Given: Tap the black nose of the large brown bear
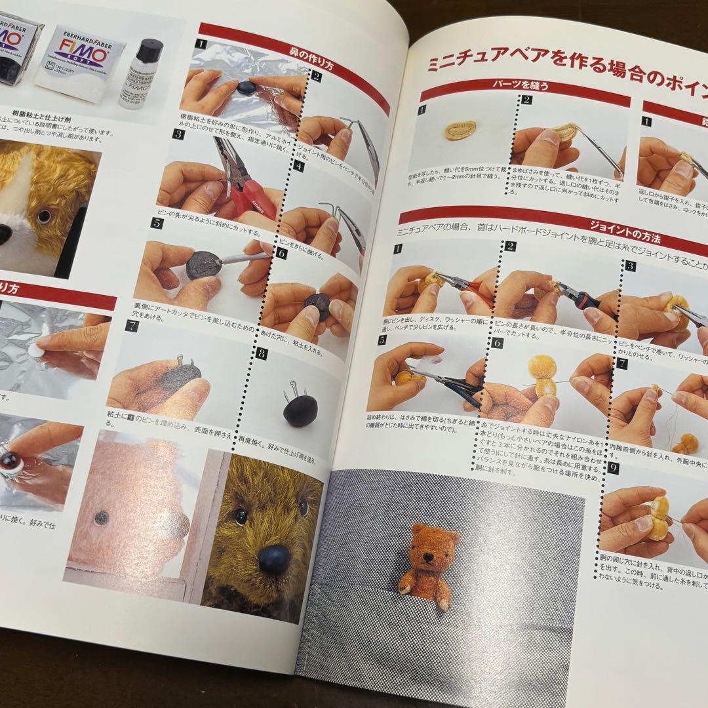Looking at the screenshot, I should point(273,559).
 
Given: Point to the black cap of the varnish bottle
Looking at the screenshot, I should point(150,50).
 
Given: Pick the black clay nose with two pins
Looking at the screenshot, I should point(300,410).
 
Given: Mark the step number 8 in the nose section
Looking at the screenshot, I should point(263,353).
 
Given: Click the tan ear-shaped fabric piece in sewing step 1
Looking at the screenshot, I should point(463,130).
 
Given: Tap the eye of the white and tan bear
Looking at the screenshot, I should point(44,216).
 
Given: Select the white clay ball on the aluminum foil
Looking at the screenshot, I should point(35,351).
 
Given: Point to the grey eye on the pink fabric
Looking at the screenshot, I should point(101,518).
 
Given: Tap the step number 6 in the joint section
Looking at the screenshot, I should point(497,342).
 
